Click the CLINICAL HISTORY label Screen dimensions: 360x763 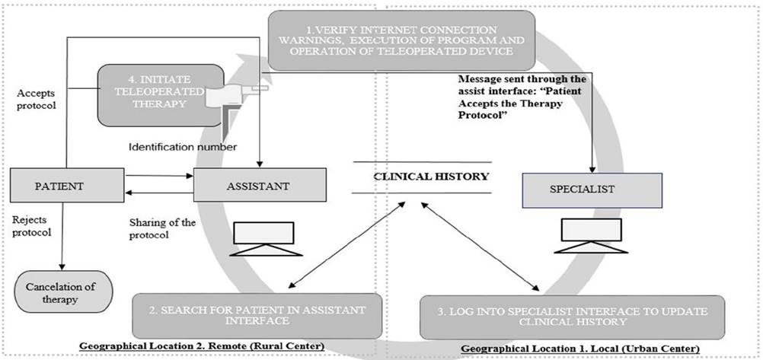point(421,177)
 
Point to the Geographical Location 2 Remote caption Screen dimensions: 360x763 point(201,346)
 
